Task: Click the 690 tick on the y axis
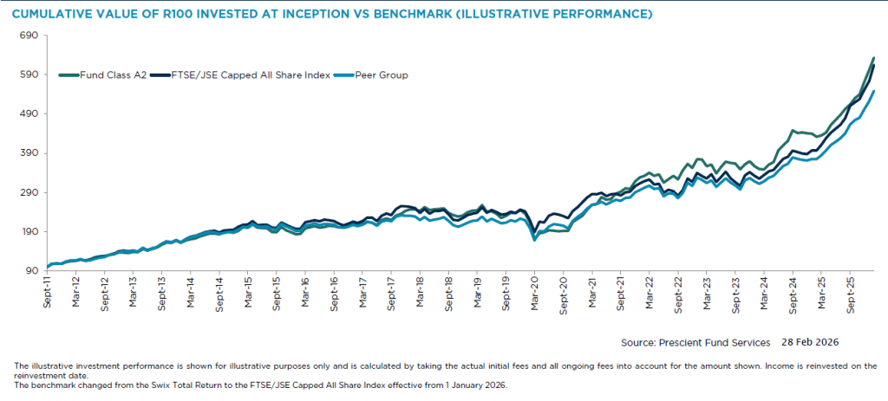31,36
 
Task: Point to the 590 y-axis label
31,74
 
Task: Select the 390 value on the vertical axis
31,153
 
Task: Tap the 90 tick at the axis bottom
34,271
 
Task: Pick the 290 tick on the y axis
31,192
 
